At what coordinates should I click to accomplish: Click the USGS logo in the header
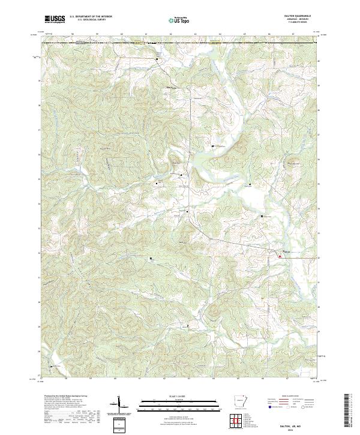click(x=55, y=19)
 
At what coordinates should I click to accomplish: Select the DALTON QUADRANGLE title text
click(x=302, y=16)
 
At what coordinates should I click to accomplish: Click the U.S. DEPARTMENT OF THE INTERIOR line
click(x=91, y=17)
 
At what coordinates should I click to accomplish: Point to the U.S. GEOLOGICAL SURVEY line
click(x=88, y=20)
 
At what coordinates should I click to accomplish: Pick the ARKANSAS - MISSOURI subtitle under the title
click(x=302, y=20)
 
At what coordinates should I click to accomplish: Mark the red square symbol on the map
click(x=279, y=256)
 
